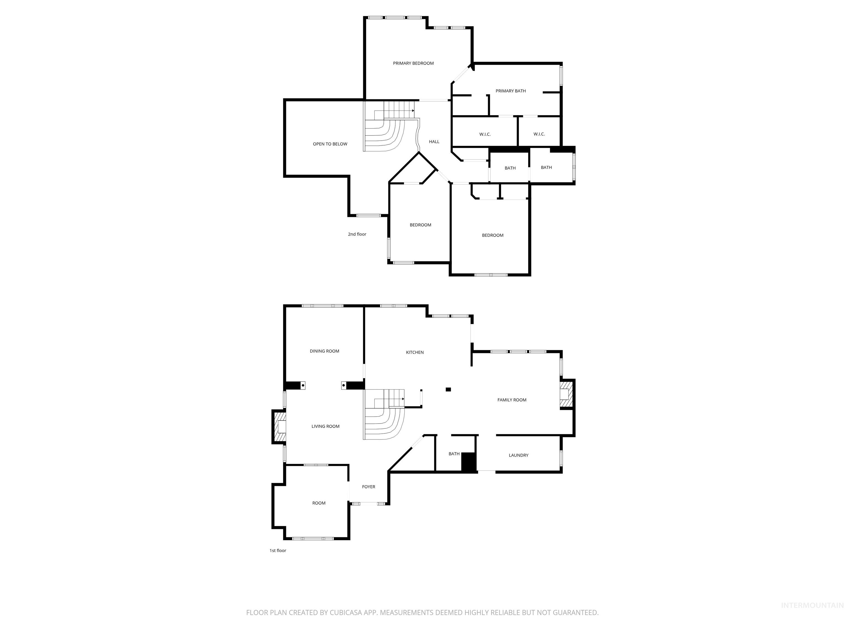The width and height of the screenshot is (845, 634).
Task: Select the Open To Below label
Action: point(330,144)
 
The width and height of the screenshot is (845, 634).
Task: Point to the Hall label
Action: point(434,142)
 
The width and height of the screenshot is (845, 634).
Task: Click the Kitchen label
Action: point(415,352)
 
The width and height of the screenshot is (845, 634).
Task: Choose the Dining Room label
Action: point(324,351)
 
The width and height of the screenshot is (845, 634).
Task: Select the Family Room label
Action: point(512,400)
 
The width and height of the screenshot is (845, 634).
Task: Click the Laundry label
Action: point(518,455)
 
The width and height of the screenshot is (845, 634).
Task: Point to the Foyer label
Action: point(368,487)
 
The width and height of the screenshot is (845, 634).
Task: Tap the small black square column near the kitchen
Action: point(448,389)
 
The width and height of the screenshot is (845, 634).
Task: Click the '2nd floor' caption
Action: point(357,234)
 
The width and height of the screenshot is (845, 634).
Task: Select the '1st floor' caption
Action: point(278,551)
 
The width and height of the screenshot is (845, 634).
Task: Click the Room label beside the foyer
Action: point(319,503)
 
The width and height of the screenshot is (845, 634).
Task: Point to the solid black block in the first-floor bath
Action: point(468,462)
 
